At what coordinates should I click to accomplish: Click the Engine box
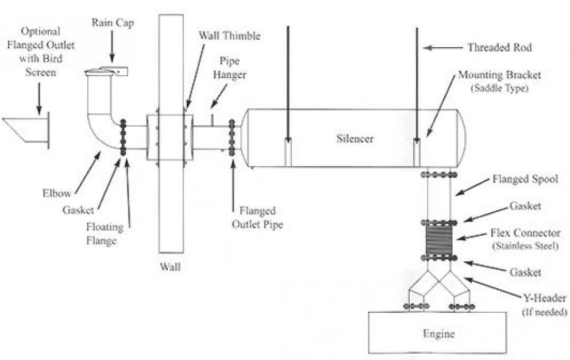point(438,332)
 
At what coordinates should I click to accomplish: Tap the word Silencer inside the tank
point(355,139)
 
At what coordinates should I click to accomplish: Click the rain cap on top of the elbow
point(106,71)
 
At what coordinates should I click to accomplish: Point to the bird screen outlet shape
point(26,131)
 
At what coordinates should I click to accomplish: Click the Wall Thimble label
point(230,36)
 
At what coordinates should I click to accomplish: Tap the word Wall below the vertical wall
point(172,267)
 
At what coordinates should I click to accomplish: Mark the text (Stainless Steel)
point(524,247)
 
